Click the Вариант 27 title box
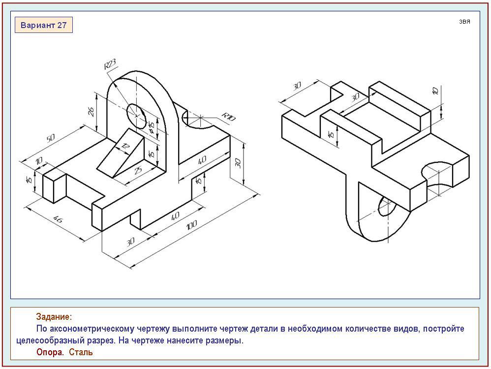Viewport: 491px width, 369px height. pos(44,25)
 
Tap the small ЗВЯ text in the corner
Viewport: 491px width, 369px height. pos(464,22)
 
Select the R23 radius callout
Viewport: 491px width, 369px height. pos(110,64)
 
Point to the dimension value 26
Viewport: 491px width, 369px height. pos(92,111)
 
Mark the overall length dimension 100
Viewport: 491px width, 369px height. pos(192,225)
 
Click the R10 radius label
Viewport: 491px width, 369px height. pos(228,118)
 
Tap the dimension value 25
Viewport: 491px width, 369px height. pos(138,170)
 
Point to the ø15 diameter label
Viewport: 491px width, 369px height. pos(152,128)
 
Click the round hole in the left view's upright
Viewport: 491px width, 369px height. pos(136,113)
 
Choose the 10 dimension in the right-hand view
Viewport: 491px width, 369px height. pos(434,92)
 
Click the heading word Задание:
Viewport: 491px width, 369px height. pos(54,317)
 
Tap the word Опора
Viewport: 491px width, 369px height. pos(50,352)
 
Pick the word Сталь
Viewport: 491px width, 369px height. pos(81,352)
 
